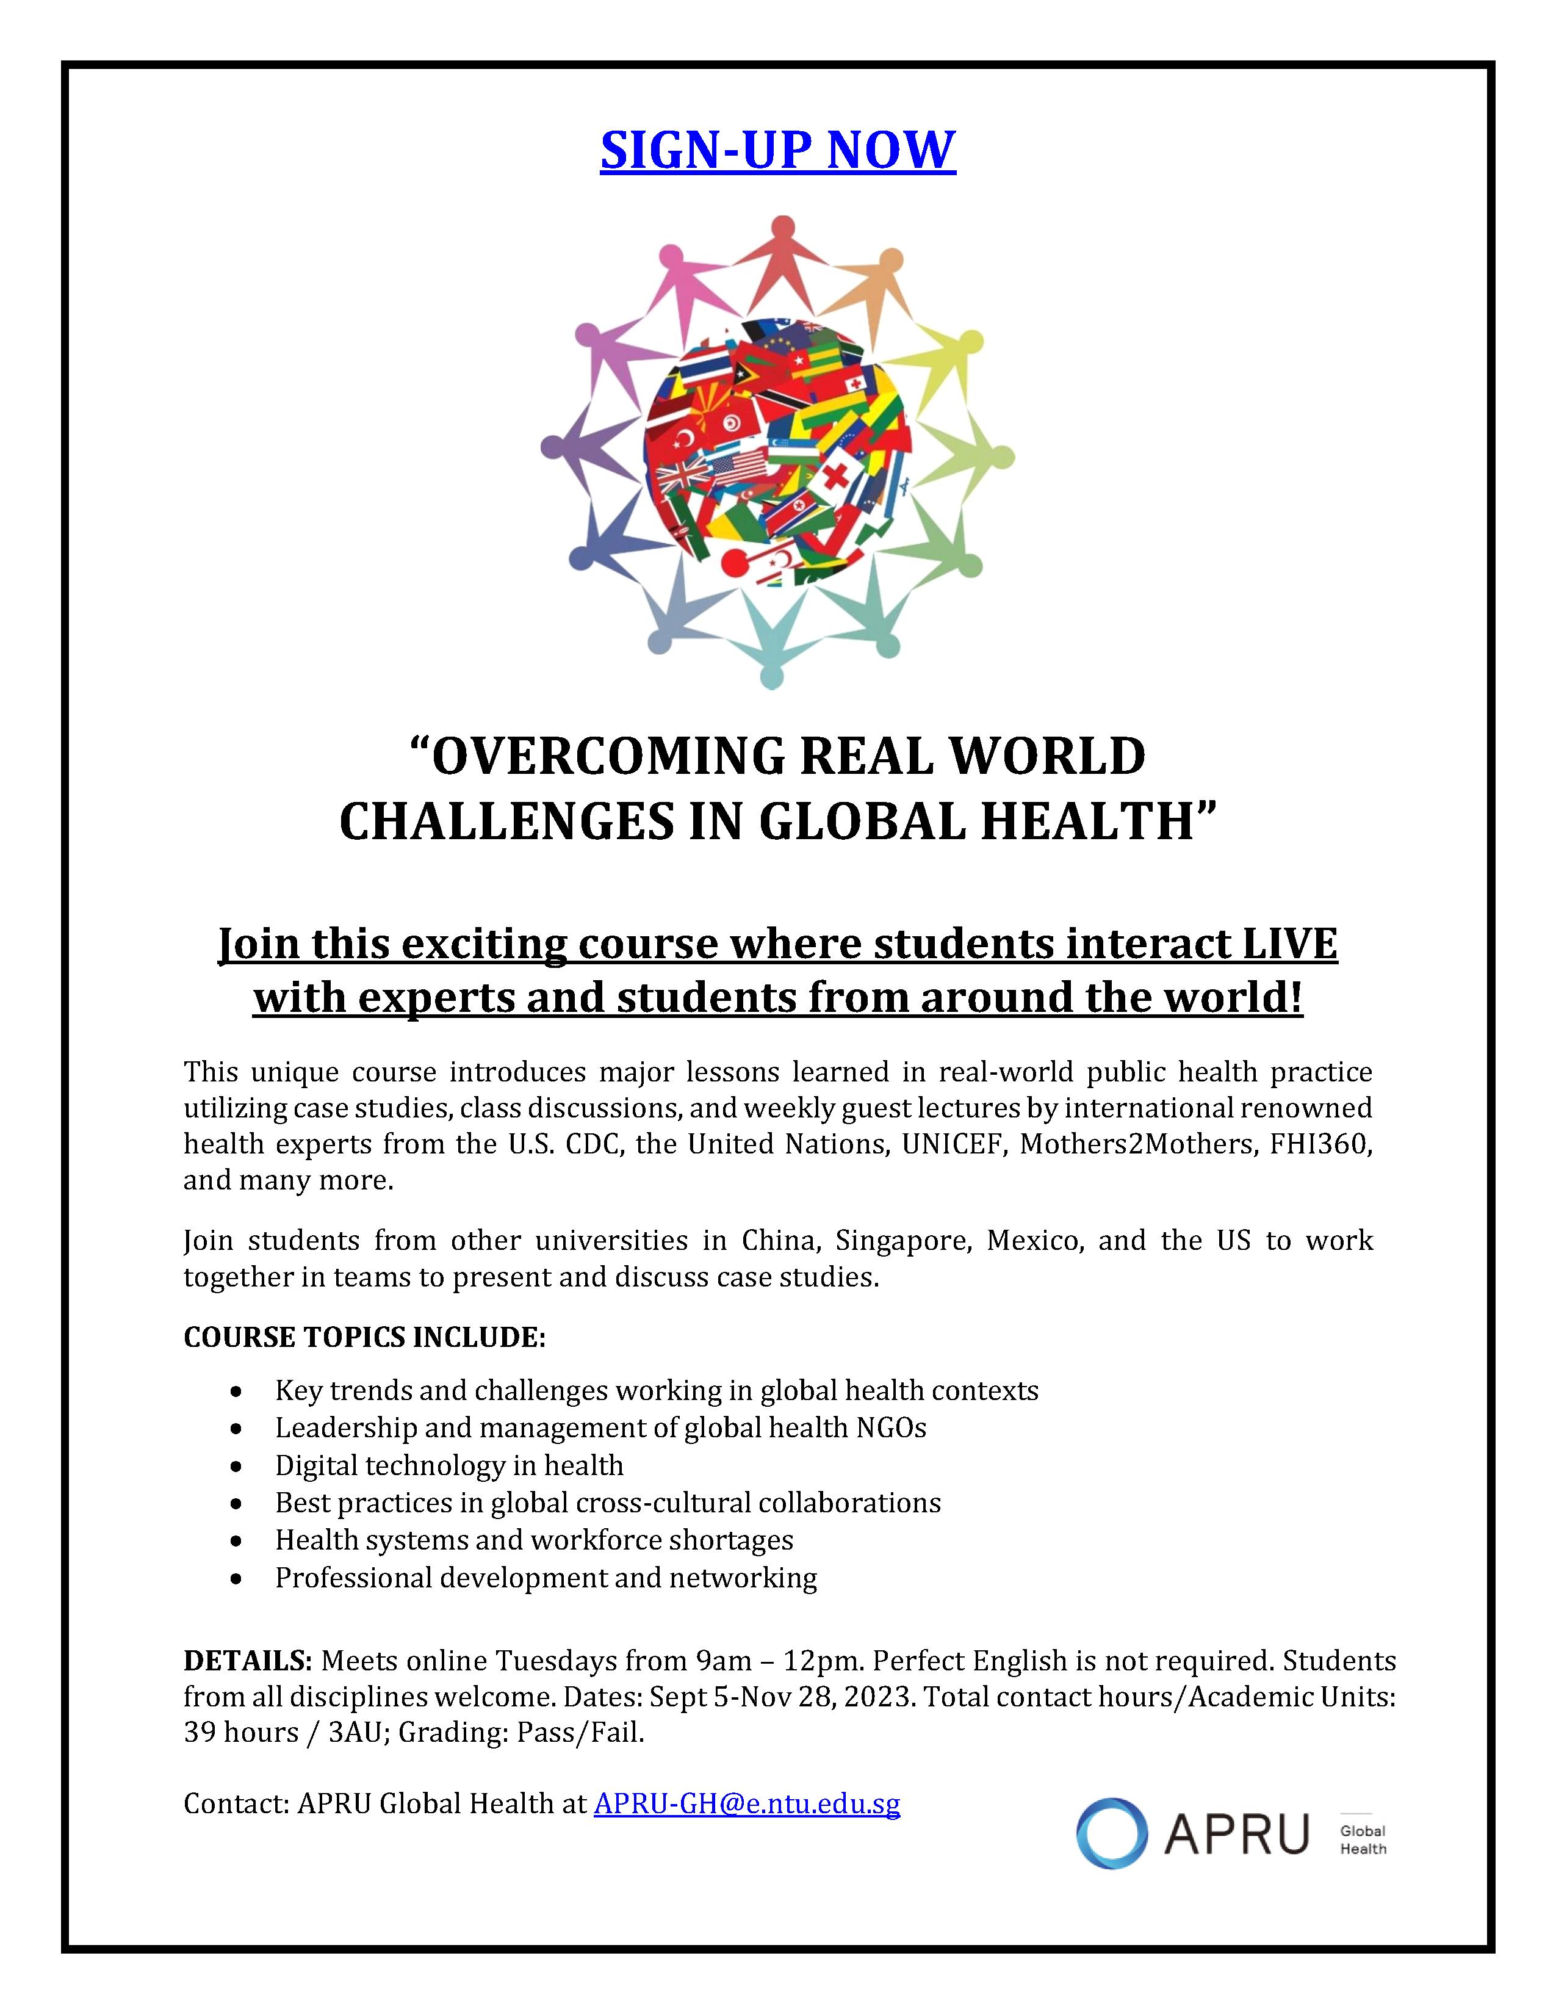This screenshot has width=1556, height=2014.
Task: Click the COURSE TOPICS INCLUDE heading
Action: [365, 1337]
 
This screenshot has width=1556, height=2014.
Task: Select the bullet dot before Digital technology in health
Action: [238, 1465]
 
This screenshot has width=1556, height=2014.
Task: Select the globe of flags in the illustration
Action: [777, 452]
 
